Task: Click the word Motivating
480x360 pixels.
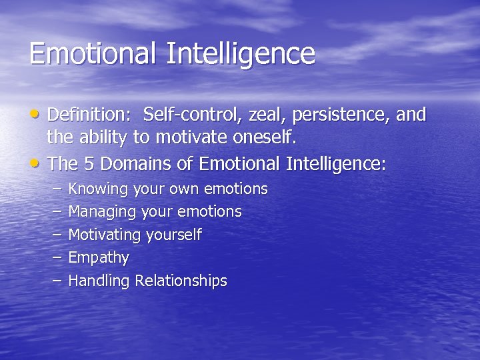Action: point(105,235)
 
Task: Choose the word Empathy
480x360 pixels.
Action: point(99,258)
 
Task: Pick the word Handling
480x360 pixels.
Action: point(99,281)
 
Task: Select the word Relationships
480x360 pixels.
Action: point(181,281)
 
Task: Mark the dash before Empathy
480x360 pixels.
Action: point(57,257)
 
